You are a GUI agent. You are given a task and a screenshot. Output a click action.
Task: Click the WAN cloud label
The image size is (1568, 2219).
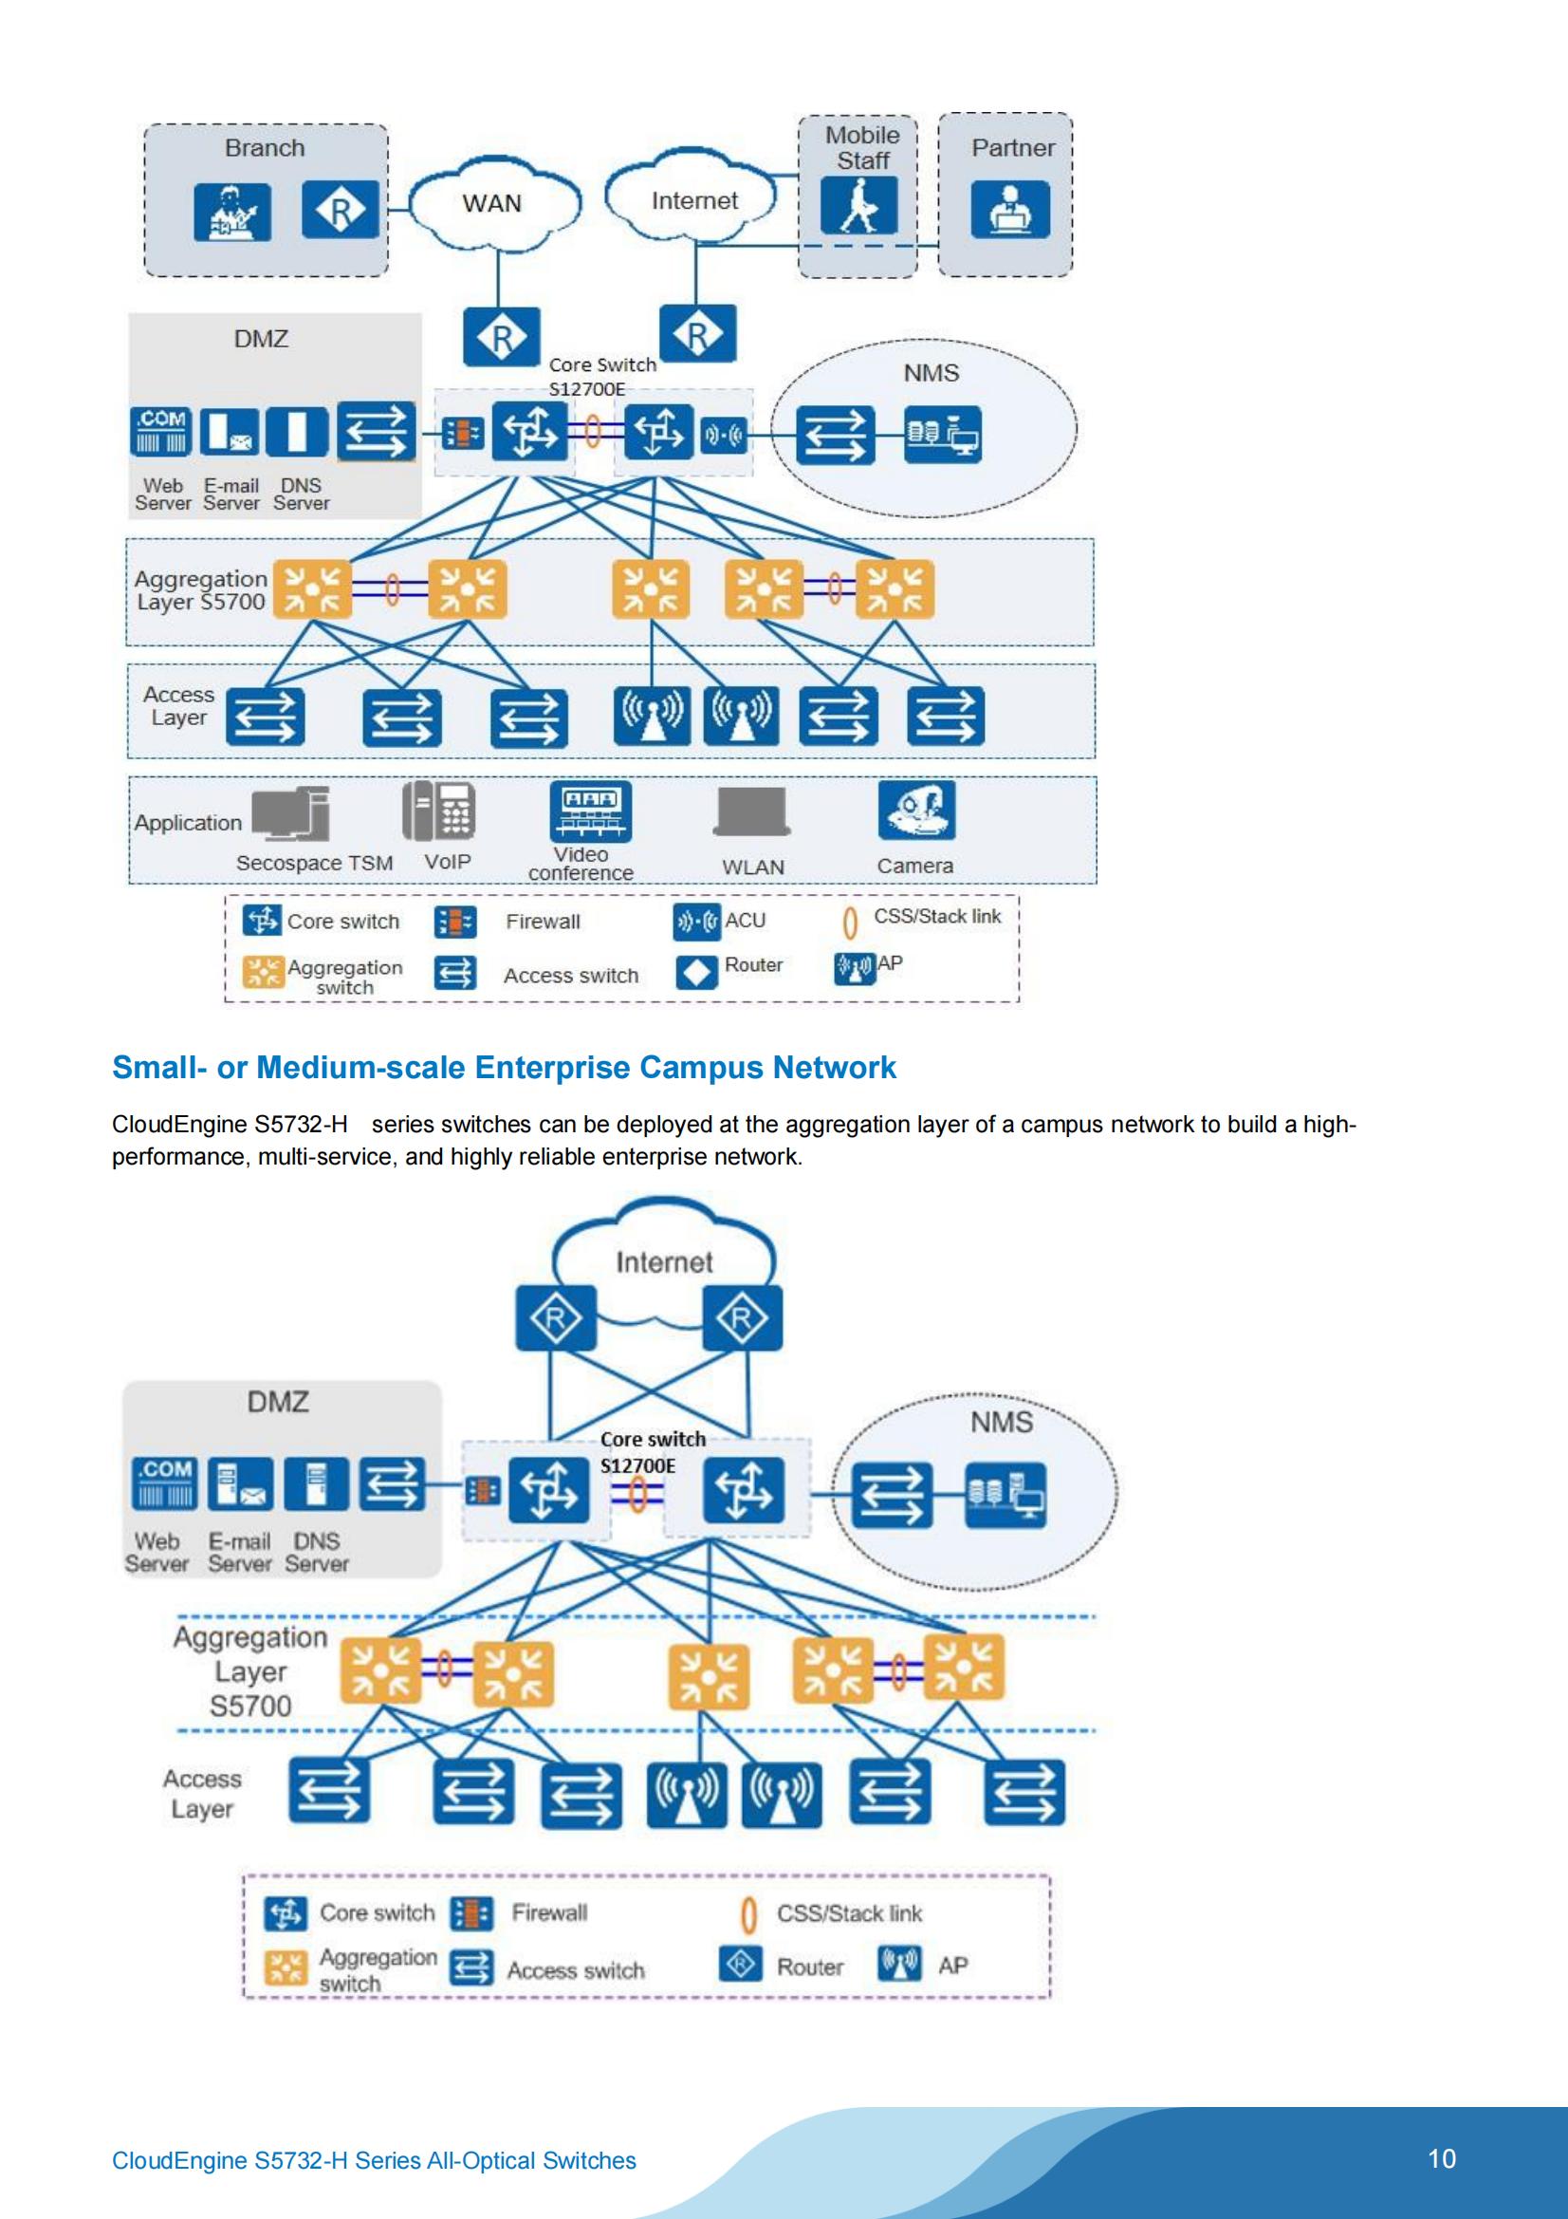pyautogui.click(x=491, y=204)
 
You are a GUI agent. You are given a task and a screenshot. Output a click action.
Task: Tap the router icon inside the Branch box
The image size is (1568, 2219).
pyautogui.click(x=341, y=211)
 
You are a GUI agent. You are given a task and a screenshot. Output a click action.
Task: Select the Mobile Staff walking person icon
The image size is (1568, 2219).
pyautogui.click(x=858, y=205)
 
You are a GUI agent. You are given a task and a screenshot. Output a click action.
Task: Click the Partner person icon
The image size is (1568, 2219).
pyautogui.click(x=1009, y=210)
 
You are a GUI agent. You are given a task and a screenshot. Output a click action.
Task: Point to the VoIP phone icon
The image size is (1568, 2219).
pyautogui.click(x=438, y=811)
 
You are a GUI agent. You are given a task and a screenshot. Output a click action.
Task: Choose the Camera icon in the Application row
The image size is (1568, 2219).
pyautogui.click(x=916, y=810)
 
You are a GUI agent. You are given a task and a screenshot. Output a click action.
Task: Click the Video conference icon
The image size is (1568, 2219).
pyautogui.click(x=590, y=811)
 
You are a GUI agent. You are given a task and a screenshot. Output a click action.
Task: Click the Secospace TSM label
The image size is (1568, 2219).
pyautogui.click(x=314, y=863)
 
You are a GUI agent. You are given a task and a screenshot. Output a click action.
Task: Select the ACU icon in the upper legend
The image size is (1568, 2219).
pyautogui.click(x=696, y=922)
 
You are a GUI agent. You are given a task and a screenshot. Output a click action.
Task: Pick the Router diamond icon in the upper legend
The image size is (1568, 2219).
pyautogui.click(x=696, y=972)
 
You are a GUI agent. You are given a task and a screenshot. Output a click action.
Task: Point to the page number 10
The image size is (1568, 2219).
pyautogui.click(x=1442, y=2159)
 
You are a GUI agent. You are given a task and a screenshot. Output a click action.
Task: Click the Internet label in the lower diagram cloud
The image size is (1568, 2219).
pyautogui.click(x=664, y=1262)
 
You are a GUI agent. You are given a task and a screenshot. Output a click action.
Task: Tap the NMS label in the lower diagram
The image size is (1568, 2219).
pyautogui.click(x=1001, y=1422)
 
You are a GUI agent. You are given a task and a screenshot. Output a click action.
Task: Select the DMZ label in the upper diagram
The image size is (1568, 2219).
pyautogui.click(x=261, y=339)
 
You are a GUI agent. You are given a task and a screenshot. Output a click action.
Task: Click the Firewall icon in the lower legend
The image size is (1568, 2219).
pyautogui.click(x=473, y=1913)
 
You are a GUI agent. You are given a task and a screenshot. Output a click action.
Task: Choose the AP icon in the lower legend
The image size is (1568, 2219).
pyautogui.click(x=898, y=1964)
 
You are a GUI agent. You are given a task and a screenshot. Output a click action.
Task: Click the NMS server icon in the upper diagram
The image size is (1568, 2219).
pyautogui.click(x=942, y=434)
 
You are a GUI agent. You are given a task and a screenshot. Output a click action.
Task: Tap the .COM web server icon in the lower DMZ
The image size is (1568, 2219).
pyautogui.click(x=162, y=1483)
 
